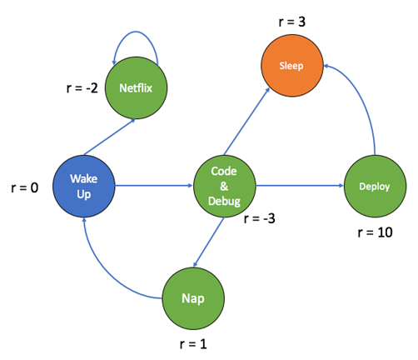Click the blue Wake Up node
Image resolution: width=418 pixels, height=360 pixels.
tap(84, 185)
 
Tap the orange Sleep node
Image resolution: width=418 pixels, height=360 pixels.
tap(291, 64)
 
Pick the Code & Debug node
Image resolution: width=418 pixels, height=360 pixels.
tap(224, 185)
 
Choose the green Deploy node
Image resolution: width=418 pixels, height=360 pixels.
tap(373, 187)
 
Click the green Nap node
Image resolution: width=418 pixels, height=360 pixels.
tap(193, 297)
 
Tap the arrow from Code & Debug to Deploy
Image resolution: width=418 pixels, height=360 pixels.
tap(298, 186)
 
